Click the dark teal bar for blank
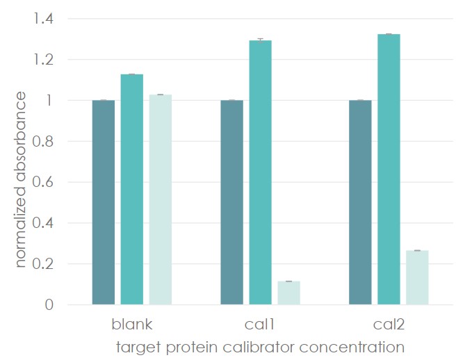(104, 202)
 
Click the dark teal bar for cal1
(232, 202)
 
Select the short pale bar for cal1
(288, 293)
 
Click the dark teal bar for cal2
(360, 202)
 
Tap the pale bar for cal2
(417, 277)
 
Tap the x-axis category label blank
(132, 325)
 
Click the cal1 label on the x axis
(261, 325)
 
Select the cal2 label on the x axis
(389, 325)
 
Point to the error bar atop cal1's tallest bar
(261, 40)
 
